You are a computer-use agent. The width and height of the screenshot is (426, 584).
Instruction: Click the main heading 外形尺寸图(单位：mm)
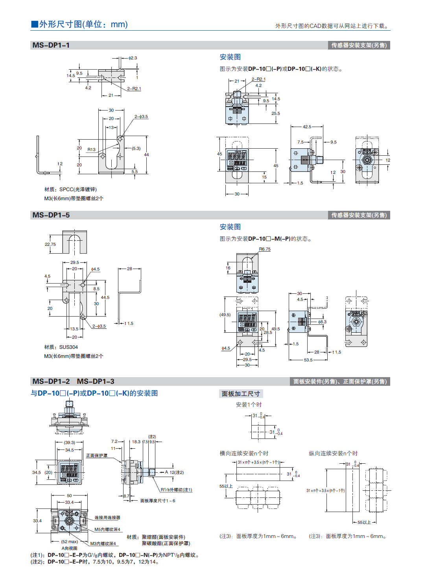(x=79, y=24)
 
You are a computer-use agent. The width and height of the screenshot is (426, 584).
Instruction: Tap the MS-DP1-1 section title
(x=51, y=45)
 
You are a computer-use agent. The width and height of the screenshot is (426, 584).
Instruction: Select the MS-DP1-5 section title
(x=51, y=215)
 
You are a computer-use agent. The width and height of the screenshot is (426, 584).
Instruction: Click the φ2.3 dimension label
(x=133, y=58)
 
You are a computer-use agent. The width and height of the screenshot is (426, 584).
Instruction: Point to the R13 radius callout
(x=91, y=149)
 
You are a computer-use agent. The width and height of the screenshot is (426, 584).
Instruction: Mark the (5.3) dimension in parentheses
(x=136, y=148)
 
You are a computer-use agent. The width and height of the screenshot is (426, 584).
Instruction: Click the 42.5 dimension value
(x=307, y=127)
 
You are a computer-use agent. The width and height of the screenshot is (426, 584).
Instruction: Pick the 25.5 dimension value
(x=276, y=113)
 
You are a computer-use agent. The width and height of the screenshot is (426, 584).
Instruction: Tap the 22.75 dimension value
(x=50, y=244)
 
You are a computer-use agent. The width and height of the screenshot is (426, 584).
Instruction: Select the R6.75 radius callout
(x=265, y=249)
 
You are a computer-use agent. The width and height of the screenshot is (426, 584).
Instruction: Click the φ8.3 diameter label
(x=322, y=322)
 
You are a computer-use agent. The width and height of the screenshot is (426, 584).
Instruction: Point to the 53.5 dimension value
(x=308, y=360)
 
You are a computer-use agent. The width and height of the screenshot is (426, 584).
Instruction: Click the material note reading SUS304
(x=61, y=347)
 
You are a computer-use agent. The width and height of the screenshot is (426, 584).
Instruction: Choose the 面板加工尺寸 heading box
(x=241, y=394)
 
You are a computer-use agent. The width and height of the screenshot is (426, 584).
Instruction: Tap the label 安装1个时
(x=249, y=405)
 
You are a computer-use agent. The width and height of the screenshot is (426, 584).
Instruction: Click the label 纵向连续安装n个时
(x=333, y=453)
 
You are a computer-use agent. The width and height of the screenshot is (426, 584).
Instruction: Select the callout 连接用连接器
(x=107, y=518)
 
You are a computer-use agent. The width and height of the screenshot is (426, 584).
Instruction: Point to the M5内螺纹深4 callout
(x=107, y=529)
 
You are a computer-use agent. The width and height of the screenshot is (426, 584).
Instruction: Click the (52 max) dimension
(x=69, y=542)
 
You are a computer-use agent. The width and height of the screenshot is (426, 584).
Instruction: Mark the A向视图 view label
(x=69, y=548)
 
